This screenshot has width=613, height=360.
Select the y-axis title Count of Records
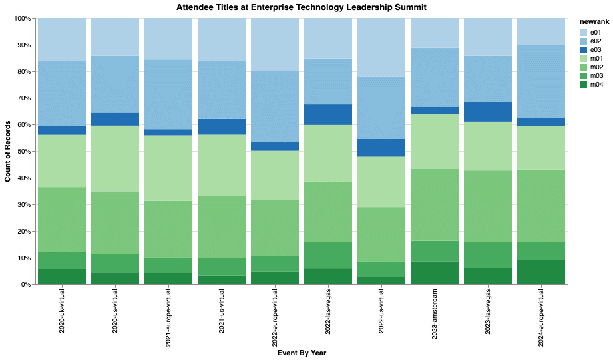click(x=8, y=152)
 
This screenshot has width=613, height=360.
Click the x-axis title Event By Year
click(x=302, y=353)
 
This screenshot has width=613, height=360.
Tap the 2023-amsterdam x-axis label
click(x=435, y=313)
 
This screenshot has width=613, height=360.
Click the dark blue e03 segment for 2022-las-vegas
click(x=328, y=114)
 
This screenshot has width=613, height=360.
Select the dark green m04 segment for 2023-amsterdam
click(x=435, y=273)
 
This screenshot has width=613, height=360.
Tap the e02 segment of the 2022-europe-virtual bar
click(x=275, y=106)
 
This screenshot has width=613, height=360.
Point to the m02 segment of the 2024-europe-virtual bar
click(x=542, y=206)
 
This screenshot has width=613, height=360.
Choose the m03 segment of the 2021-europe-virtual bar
click(x=168, y=266)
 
